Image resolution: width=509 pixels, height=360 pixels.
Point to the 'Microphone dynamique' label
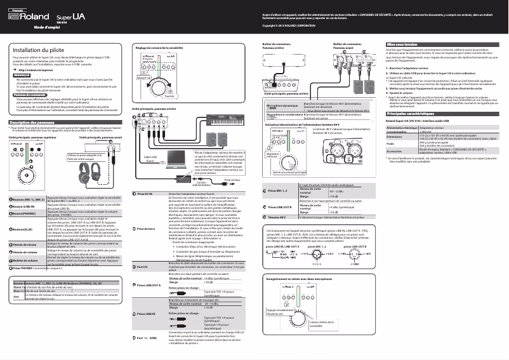tap(281, 105)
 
